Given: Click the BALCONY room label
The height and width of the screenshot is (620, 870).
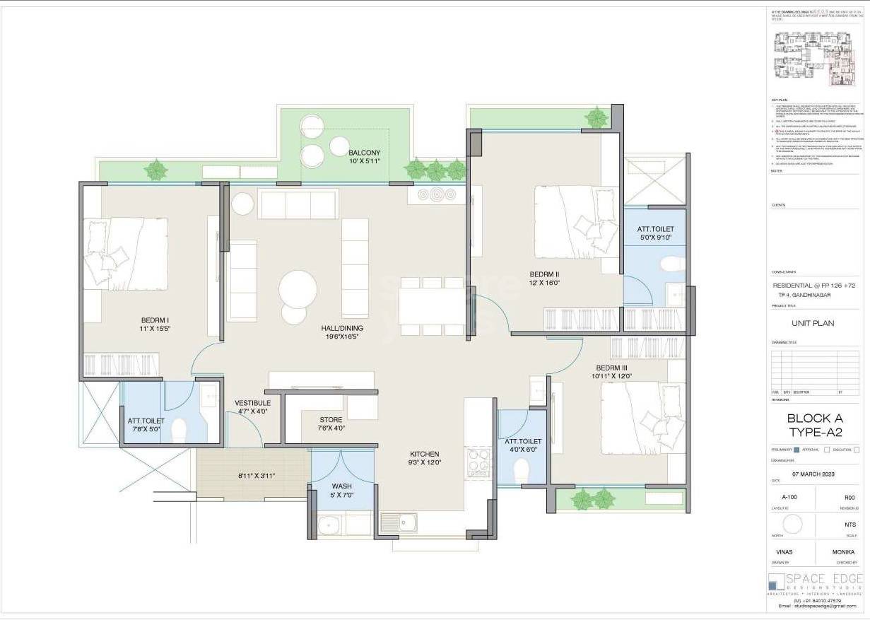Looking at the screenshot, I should [364, 153].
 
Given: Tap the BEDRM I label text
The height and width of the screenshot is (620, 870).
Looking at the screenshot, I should [154, 320].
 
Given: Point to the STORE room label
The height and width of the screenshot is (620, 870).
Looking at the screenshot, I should [330, 419].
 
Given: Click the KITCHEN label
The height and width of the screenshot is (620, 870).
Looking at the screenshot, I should [424, 454].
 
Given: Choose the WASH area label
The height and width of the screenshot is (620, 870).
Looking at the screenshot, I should [341, 486].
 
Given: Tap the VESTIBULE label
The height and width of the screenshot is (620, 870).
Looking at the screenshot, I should [252, 403].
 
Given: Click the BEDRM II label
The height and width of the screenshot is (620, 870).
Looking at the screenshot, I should [544, 274].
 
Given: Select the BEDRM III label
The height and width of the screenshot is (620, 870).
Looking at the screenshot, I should [611, 368].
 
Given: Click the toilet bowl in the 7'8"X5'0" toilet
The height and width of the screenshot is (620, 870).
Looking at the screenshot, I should [180, 429].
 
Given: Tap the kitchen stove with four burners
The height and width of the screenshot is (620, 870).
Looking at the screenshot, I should [478, 463].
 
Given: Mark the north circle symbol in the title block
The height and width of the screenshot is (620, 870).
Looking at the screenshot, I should [793, 524].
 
